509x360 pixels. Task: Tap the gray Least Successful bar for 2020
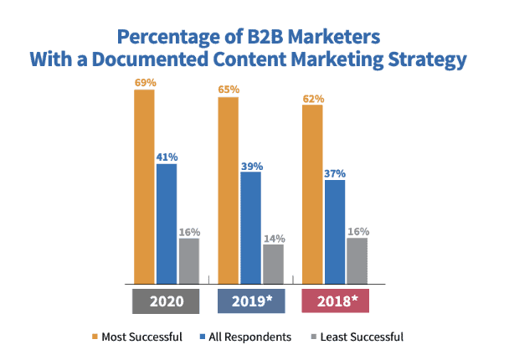[189, 260]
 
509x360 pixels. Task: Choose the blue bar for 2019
[251, 227]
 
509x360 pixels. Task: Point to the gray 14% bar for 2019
[274, 264]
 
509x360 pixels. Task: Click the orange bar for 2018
[312, 193]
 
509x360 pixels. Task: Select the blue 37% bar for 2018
[335, 231]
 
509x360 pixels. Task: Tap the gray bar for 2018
[357, 260]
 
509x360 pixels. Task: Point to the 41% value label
[167, 156]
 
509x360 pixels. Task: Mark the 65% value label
[229, 89]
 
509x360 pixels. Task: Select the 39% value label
[251, 164]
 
